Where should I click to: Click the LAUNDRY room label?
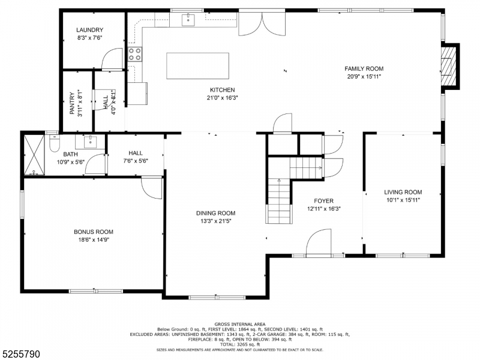tap(89, 30)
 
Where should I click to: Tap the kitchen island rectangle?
tap(198, 66)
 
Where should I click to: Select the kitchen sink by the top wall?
tap(188, 20)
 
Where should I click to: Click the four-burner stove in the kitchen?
tap(135, 54)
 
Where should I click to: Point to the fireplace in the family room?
tap(449, 66)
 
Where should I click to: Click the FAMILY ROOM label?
tap(364, 69)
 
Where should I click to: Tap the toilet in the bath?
tap(55, 144)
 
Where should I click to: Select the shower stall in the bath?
tap(34, 155)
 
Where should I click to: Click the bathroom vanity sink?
tap(91, 142)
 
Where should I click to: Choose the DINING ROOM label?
tap(216, 214)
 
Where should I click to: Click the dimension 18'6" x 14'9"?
tap(94, 239)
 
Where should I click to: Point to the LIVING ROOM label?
tap(403, 192)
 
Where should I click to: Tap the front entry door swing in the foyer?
tap(319, 242)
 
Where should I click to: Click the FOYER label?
tap(323, 201)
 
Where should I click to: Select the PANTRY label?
tap(72, 103)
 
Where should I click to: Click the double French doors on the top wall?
tap(262, 24)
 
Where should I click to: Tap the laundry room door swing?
tap(112, 59)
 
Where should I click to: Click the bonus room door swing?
tap(152, 188)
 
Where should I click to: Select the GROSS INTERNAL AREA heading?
tap(240, 324)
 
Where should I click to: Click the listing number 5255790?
tap(20, 354)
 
